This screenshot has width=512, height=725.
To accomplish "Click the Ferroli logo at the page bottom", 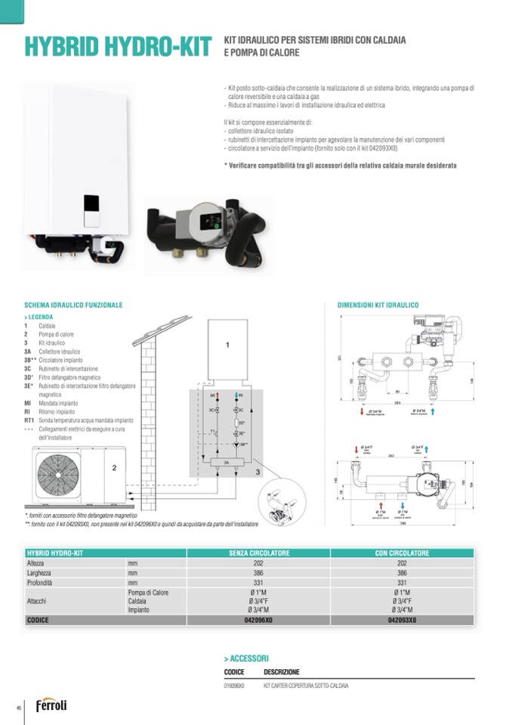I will click(x=51, y=705).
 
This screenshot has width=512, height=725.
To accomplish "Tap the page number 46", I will click(x=17, y=707).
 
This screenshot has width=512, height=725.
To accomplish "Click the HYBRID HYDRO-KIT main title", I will click(x=117, y=46).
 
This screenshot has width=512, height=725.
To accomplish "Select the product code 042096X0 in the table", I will click(x=259, y=619).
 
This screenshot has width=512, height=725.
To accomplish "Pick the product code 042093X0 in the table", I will click(x=402, y=619).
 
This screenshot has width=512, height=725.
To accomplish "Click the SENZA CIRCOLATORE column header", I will click(x=259, y=553).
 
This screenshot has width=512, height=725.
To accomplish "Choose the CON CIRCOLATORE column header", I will click(x=402, y=553).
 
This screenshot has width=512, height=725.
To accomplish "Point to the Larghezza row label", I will click(x=39, y=573).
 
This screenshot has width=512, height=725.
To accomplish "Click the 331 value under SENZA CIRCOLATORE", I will click(x=259, y=583).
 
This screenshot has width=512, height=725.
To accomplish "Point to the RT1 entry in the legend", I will click(x=30, y=420).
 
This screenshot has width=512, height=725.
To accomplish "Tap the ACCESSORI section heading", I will click(x=246, y=658).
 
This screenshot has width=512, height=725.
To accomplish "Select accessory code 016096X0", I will click(x=235, y=686).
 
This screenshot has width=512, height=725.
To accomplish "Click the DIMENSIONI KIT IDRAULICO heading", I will click(x=378, y=305).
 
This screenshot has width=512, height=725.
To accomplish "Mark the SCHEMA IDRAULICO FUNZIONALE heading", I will click(x=73, y=305).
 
